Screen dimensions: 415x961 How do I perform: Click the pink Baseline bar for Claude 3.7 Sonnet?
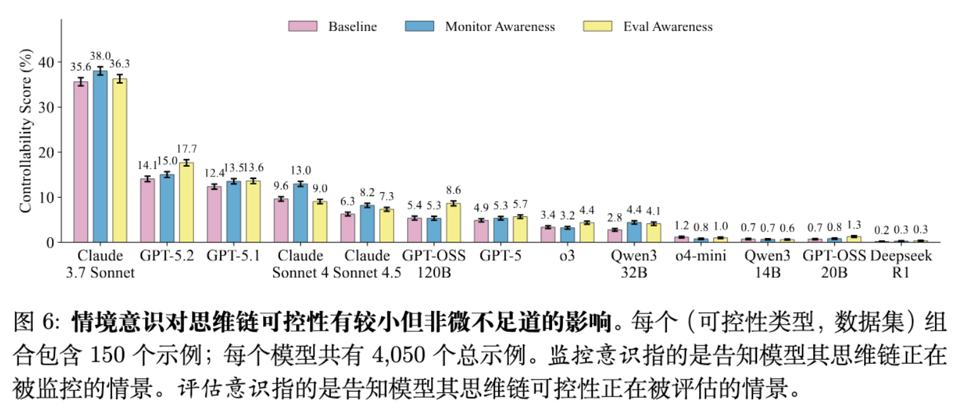pos(81,162)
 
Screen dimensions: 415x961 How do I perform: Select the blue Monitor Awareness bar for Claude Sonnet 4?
pos(300,213)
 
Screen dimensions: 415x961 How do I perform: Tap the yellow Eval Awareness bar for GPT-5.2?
pos(186,202)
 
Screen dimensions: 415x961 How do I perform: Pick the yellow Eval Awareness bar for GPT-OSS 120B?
pos(453,223)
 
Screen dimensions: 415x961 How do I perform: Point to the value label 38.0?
pos(100,55)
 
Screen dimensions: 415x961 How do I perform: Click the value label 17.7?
pos(186,149)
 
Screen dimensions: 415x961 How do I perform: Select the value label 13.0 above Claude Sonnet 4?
pos(300,170)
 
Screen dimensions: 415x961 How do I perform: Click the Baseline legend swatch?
pos(302,27)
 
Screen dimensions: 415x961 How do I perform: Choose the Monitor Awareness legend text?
pos(500,27)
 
